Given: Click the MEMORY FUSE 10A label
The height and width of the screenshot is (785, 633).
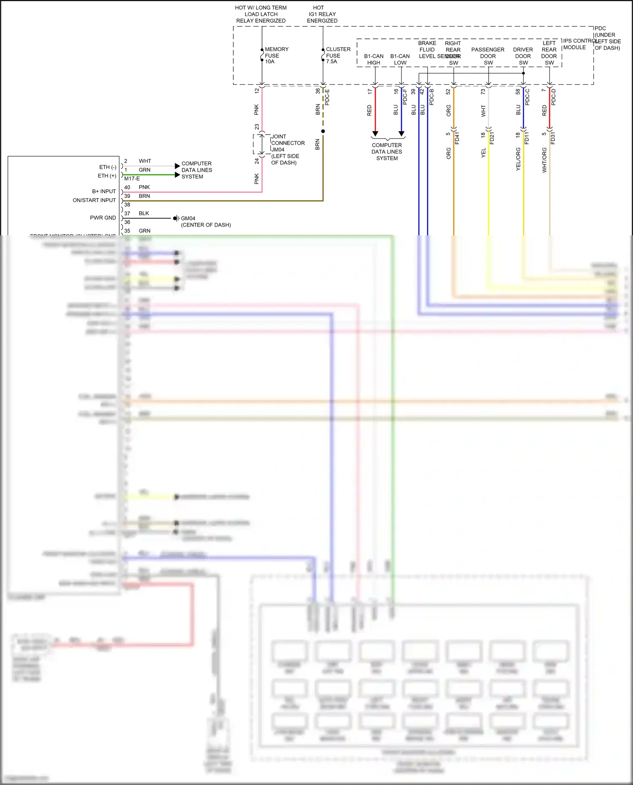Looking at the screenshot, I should coord(276,55).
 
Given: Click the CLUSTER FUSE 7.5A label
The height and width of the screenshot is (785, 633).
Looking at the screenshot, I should coord(338,55).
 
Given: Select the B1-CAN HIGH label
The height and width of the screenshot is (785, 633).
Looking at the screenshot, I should coord(373,59).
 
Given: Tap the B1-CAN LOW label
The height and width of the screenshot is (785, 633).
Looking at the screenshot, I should coord(400,59).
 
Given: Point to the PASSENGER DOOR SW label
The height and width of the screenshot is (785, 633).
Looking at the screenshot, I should coord(488,56).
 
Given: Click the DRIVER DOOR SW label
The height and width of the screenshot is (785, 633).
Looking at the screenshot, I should coord(523,56).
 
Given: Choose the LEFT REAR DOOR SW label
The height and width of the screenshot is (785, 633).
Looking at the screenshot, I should coord(549,53).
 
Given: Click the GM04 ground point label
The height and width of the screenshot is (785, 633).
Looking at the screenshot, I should coord(188,219).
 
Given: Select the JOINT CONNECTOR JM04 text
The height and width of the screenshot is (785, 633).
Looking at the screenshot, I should coord(287,143).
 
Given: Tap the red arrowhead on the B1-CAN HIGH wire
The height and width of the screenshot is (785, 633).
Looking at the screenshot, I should coord(375,134).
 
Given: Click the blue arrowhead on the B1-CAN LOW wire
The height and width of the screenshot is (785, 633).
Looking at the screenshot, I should coord(401,134).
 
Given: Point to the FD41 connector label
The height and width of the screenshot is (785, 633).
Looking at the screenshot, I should coord(457,138).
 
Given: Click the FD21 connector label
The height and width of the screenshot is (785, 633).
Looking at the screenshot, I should coord(492,138).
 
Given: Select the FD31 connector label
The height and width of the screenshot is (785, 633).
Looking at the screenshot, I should coord(553,138).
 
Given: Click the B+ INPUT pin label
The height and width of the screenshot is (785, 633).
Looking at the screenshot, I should coord(104,192).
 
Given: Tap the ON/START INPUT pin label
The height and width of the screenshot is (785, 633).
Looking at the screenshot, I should coord(94,200).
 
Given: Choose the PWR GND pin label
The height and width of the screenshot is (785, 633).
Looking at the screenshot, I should coord(103,218).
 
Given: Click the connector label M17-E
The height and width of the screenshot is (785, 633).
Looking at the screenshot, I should coord(132,179).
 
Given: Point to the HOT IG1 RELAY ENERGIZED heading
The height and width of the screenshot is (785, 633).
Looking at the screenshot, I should coord(322,14).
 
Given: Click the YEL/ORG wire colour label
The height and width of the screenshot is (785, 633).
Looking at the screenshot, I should coord(518,159).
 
